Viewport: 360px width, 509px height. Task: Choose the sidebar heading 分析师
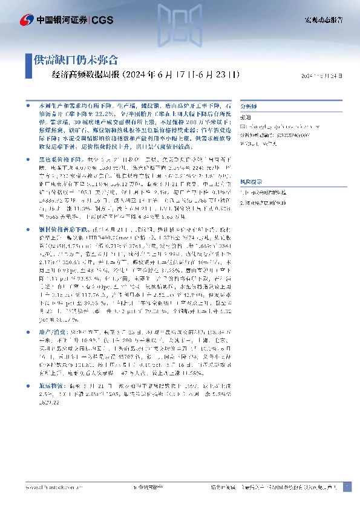248,104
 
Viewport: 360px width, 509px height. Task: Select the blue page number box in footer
346,486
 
